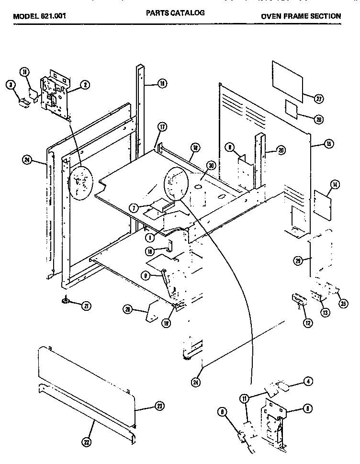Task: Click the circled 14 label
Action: point(335,184)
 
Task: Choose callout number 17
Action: point(162,127)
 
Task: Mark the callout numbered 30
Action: point(209,165)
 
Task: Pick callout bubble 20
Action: point(281,150)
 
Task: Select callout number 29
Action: point(298,260)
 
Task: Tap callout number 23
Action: point(159,406)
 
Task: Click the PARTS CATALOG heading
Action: point(175,13)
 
